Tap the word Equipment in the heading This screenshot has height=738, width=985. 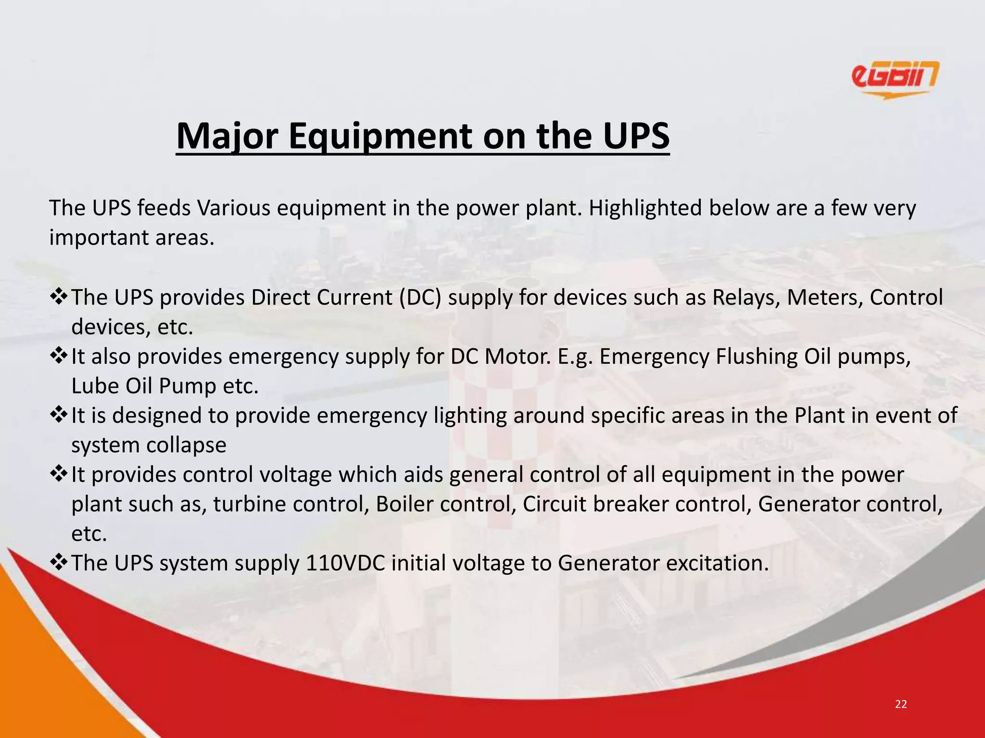tap(380, 137)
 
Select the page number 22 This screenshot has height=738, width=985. tap(901, 704)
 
